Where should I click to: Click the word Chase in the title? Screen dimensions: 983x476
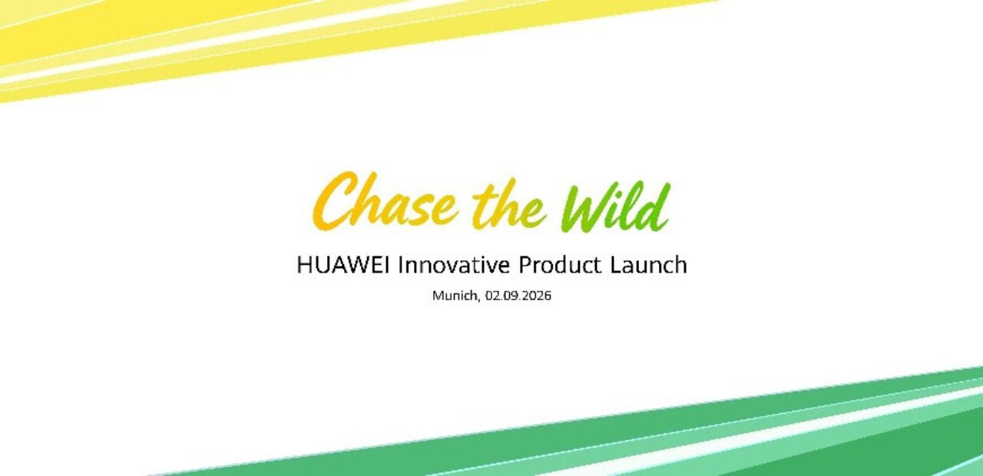[x=386, y=201]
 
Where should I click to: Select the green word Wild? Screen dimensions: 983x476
[x=616, y=207]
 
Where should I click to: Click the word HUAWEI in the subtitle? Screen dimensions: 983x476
[x=343, y=265]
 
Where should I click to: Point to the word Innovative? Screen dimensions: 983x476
[x=454, y=265]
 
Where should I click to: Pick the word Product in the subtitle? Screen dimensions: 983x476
[x=560, y=265]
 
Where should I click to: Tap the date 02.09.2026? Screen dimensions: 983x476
[x=518, y=296]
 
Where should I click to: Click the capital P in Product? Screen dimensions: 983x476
[x=526, y=265]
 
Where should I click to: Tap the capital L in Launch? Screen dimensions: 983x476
[x=616, y=265]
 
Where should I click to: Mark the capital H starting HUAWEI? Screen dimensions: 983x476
[x=304, y=265]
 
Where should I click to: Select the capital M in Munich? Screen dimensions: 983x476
[x=438, y=296]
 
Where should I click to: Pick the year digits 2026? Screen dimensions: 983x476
[x=538, y=296]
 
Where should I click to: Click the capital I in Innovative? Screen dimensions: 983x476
[x=401, y=265]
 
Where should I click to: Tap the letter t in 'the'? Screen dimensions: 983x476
[x=484, y=205]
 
